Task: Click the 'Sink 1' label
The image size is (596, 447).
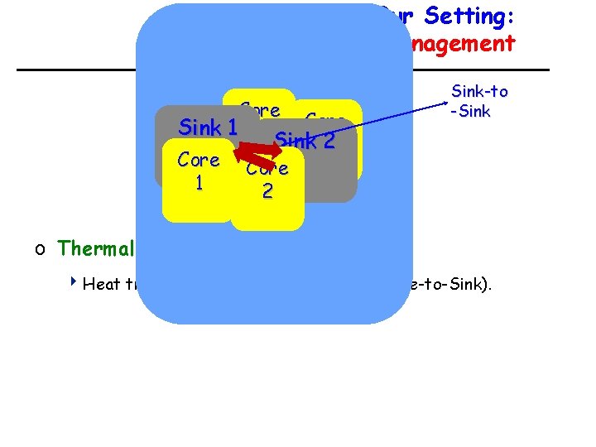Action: click(x=209, y=127)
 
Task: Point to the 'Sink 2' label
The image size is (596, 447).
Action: click(x=304, y=140)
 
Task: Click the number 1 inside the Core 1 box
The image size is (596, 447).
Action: click(x=198, y=183)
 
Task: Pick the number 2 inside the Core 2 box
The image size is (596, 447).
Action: click(x=267, y=191)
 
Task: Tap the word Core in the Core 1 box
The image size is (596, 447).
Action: click(x=198, y=160)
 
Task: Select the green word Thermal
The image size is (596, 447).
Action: click(x=95, y=248)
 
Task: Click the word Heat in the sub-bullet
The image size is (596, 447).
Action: click(x=103, y=285)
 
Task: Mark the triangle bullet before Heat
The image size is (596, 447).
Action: click(x=74, y=284)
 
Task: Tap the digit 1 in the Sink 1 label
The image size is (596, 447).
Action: click(x=231, y=127)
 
